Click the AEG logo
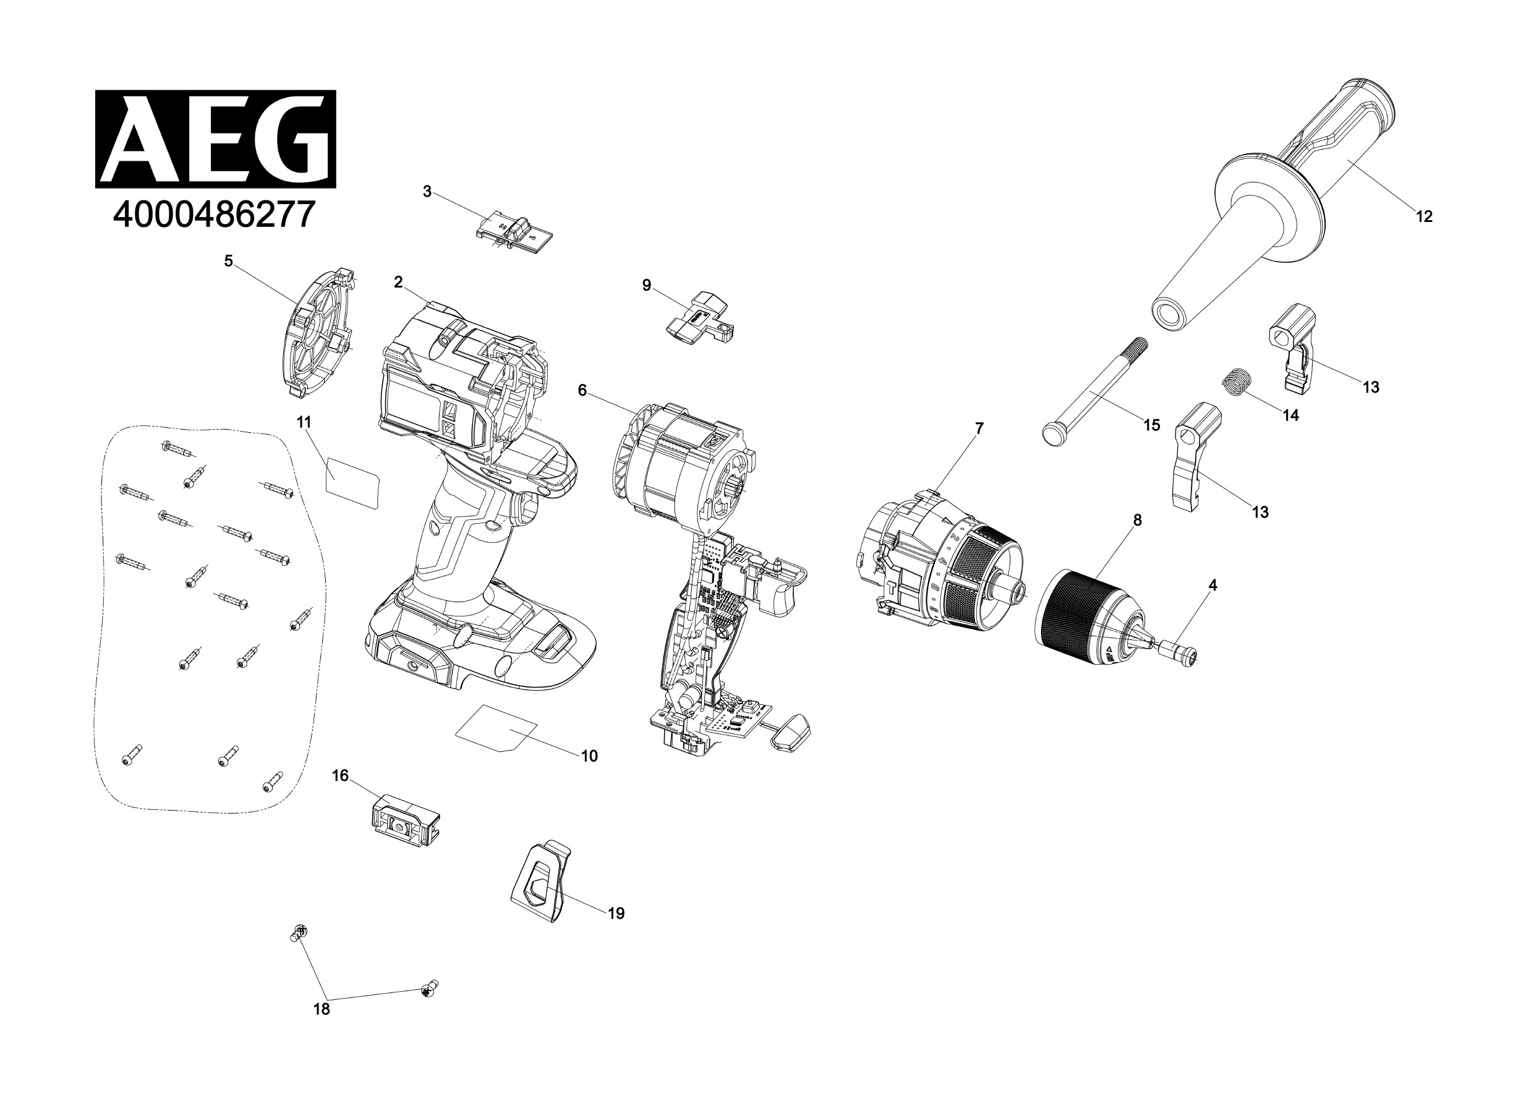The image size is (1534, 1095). [x=215, y=139]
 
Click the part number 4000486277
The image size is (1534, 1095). [x=214, y=215]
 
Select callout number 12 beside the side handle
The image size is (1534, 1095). [x=1423, y=216]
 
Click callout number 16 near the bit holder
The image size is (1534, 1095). [x=340, y=775]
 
